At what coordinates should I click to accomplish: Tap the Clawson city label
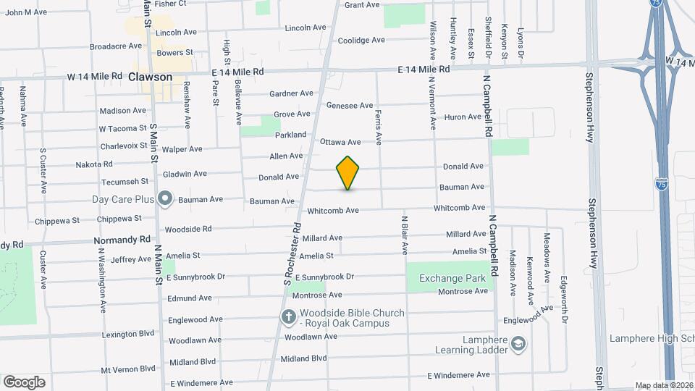(x=150, y=77)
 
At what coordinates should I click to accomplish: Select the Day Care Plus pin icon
(x=164, y=198)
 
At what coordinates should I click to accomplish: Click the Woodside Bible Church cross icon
(x=288, y=317)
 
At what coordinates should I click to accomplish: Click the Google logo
(x=24, y=382)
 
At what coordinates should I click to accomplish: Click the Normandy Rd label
(x=122, y=240)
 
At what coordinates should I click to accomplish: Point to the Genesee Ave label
(x=350, y=105)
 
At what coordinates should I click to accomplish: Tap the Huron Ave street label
(x=463, y=117)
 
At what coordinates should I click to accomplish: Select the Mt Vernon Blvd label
(x=128, y=369)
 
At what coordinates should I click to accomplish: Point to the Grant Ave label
(x=362, y=5)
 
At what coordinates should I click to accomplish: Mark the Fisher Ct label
(x=170, y=4)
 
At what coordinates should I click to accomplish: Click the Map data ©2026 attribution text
(x=664, y=385)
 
